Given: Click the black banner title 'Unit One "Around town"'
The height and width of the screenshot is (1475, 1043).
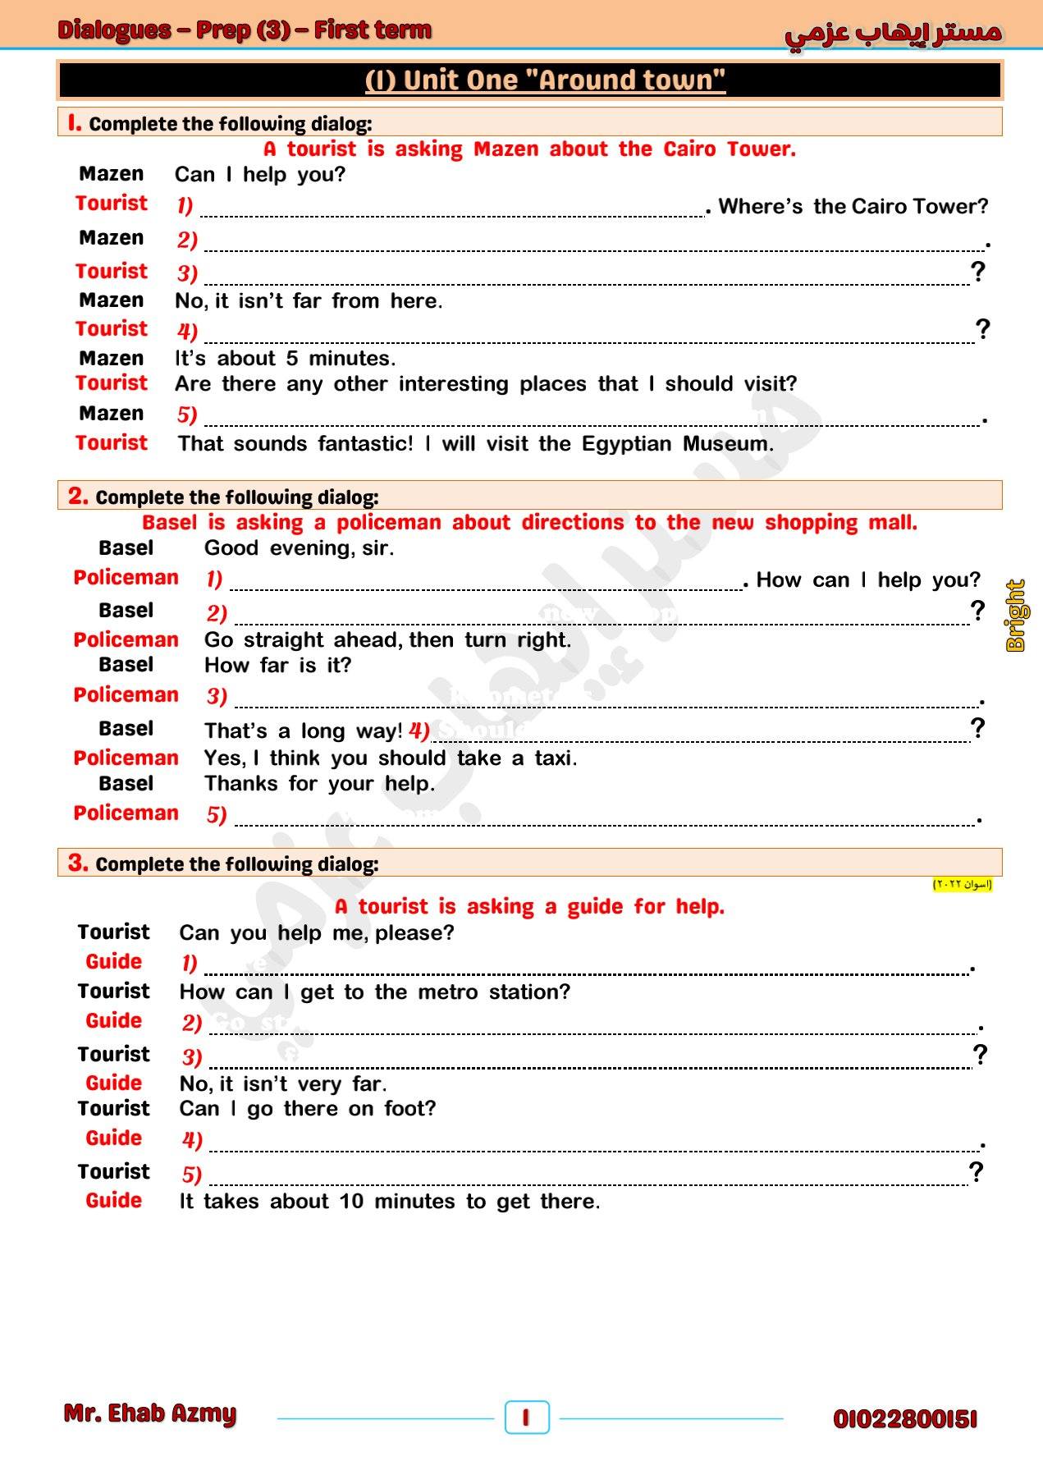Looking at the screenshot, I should pyautogui.click(x=545, y=80).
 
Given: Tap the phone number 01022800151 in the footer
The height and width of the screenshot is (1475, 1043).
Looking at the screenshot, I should pyautogui.click(x=904, y=1419).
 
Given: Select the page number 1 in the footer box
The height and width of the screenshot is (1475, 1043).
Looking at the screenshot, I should pyautogui.click(x=526, y=1418).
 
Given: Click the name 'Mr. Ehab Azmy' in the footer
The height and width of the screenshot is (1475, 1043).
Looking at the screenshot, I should pyautogui.click(x=150, y=1413).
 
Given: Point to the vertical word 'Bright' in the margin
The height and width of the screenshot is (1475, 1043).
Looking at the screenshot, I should pyautogui.click(x=1016, y=616).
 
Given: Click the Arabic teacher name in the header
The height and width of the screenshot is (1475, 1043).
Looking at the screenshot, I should pyautogui.click(x=893, y=33).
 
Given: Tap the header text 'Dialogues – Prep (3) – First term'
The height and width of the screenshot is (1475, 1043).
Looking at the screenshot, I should pyautogui.click(x=245, y=30).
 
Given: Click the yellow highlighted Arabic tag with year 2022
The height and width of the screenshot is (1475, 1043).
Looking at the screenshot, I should pyautogui.click(x=962, y=884).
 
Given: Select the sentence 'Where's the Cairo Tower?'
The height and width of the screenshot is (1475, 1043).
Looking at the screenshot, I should pyautogui.click(x=853, y=206).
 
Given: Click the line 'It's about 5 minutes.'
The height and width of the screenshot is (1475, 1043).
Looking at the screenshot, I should pyautogui.click(x=285, y=359).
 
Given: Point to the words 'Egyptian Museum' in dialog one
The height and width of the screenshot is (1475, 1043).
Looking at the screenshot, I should pyautogui.click(x=676, y=444).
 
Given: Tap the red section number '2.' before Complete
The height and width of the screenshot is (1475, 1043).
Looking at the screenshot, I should pyautogui.click(x=78, y=496).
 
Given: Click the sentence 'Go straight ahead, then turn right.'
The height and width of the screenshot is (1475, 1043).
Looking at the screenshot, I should pyautogui.click(x=387, y=640).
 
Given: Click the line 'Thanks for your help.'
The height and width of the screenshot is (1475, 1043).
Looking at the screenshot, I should pyautogui.click(x=319, y=784).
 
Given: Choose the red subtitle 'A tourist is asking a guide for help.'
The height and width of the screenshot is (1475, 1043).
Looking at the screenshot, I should pyautogui.click(x=529, y=906).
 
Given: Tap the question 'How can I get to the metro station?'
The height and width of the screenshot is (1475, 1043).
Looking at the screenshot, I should pyautogui.click(x=374, y=992).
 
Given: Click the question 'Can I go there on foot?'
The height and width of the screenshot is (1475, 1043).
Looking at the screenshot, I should pyautogui.click(x=308, y=1109).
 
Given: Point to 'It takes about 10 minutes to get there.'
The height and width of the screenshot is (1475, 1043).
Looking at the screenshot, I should pyautogui.click(x=390, y=1202).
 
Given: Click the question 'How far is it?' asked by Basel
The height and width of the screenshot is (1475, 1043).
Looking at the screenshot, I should pyautogui.click(x=277, y=665).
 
